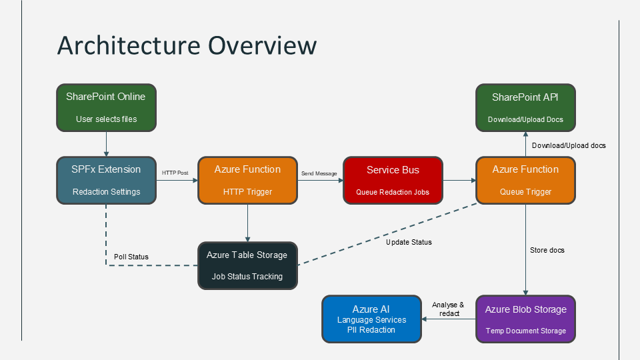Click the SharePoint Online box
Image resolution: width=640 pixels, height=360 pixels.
pyautogui.click(x=106, y=108)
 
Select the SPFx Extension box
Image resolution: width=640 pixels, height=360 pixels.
pyautogui.click(x=106, y=181)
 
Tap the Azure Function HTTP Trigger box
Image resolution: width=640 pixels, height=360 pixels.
pyautogui.click(x=248, y=181)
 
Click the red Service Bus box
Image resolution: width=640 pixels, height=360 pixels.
pyautogui.click(x=393, y=181)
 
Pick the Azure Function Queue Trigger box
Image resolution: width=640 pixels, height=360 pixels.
pyautogui.click(x=526, y=181)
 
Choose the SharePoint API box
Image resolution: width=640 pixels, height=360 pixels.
pyautogui.click(x=526, y=108)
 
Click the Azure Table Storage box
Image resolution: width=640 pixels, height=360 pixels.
pyautogui.click(x=248, y=266)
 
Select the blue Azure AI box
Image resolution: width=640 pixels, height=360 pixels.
pyautogui.click(x=371, y=319)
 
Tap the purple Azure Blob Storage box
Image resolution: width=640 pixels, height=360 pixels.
pyautogui.click(x=526, y=319)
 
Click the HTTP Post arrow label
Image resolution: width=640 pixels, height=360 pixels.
pyautogui.click(x=175, y=173)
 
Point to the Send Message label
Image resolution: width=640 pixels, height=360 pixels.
pyautogui.click(x=319, y=173)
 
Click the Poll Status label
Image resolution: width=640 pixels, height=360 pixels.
pyautogui.click(x=131, y=257)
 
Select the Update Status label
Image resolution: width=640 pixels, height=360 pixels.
pyautogui.click(x=409, y=242)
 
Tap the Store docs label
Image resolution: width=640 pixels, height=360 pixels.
pyautogui.click(x=547, y=250)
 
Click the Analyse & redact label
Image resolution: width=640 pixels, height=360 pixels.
pyautogui.click(x=449, y=309)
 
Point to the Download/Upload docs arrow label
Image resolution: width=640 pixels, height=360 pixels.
pyautogui.click(x=569, y=146)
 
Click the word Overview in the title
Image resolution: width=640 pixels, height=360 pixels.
pyautogui.click(x=262, y=45)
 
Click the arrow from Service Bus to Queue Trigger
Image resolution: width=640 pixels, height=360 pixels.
pyautogui.click(x=459, y=181)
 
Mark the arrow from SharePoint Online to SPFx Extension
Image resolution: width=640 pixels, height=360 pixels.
pyautogui.click(x=106, y=144)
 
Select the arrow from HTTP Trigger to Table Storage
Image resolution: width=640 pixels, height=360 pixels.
pyautogui.click(x=248, y=223)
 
